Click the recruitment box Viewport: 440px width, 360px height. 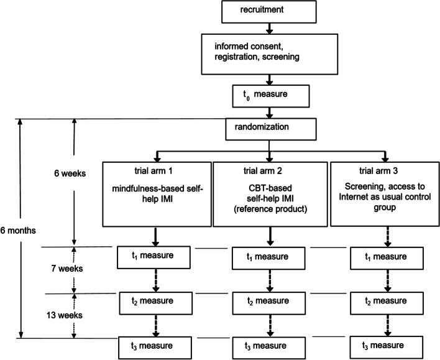pyautogui.click(x=268, y=11)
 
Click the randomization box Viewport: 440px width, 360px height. pyautogui.click(x=268, y=128)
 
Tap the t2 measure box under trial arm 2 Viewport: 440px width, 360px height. pyautogui.click(x=268, y=301)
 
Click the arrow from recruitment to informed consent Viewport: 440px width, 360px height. pyautogui.click(x=268, y=27)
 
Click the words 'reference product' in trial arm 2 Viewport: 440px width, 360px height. pyautogui.click(x=268, y=210)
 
